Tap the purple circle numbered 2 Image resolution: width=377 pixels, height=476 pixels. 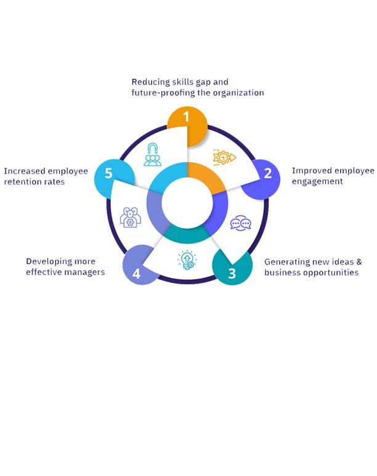tap(262, 176)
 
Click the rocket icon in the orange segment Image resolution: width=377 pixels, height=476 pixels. tap(224, 158)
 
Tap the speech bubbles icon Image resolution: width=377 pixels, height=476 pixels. tap(240, 224)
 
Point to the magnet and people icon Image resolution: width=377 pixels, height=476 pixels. tap(152, 155)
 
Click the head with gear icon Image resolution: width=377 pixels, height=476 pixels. tap(131, 218)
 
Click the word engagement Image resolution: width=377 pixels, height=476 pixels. tap(318, 182)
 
